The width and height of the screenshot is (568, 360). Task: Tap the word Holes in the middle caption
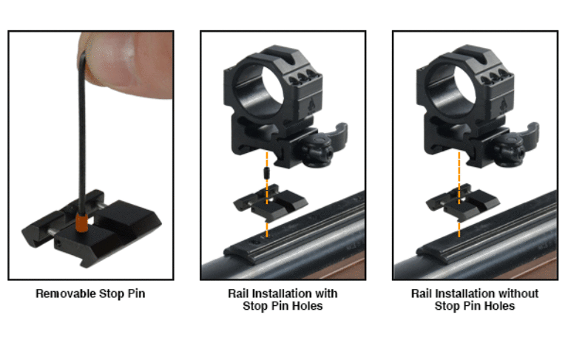tap(307, 305)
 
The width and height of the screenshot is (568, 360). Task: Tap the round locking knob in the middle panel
tap(319, 151)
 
